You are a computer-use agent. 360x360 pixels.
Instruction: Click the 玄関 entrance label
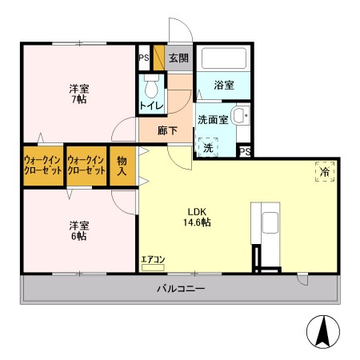pyautogui.click(x=178, y=58)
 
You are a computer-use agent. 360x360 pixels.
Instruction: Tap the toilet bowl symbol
pyautogui.click(x=151, y=86)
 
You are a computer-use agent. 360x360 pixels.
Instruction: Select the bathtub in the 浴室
pyautogui.click(x=224, y=58)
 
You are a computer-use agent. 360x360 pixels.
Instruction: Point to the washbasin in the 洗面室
pyautogui.click(x=240, y=115)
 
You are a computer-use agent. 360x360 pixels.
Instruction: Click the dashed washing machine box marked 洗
pyautogui.click(x=208, y=147)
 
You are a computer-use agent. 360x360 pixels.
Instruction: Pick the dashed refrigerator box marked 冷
pyautogui.click(x=325, y=171)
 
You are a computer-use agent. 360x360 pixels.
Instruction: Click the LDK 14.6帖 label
pyautogui.click(x=197, y=217)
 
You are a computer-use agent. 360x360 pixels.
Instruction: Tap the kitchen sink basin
pyautogui.click(x=270, y=222)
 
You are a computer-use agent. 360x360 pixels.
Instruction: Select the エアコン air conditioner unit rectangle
pyautogui.click(x=153, y=267)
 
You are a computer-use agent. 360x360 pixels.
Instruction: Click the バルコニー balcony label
pyautogui.click(x=181, y=289)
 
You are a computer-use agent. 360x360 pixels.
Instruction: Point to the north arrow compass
pyautogui.click(x=323, y=332)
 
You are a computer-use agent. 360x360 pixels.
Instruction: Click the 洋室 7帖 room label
pyautogui.click(x=79, y=94)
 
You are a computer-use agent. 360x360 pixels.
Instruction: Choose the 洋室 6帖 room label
pyautogui.click(x=79, y=230)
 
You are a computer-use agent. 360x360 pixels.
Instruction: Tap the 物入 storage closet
pyautogui.click(x=122, y=166)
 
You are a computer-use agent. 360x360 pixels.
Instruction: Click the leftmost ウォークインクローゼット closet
pyautogui.click(x=43, y=166)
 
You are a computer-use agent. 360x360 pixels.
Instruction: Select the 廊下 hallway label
pyautogui.click(x=167, y=130)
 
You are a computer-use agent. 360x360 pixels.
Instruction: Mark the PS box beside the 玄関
pyautogui.click(x=144, y=58)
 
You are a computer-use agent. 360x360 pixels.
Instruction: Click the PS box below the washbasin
pyautogui.click(x=245, y=152)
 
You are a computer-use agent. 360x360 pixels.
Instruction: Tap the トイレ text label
pyautogui.click(x=151, y=106)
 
